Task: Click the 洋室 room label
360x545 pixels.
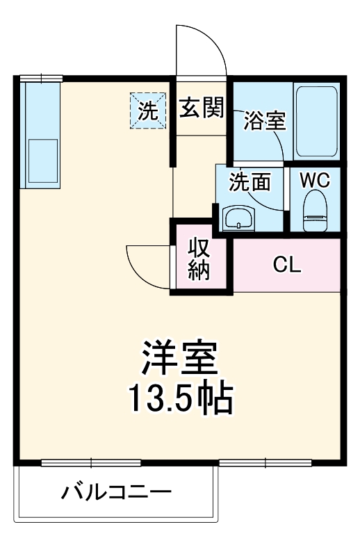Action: [x=180, y=358]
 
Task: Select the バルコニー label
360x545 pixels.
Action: [x=116, y=494]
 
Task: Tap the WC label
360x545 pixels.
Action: [x=315, y=179]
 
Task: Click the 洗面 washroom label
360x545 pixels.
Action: [x=249, y=182]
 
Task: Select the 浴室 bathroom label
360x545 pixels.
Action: [x=264, y=120]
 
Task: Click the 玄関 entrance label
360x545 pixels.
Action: [x=202, y=109]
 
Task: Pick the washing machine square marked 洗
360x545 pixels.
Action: [x=148, y=110]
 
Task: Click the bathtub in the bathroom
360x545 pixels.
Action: [x=316, y=121]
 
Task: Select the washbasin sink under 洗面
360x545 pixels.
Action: [x=239, y=218]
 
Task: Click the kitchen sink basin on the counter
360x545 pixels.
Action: [x=42, y=162]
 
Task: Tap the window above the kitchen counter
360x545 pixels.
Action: [x=41, y=78]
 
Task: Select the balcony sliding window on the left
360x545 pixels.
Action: [x=91, y=462]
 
